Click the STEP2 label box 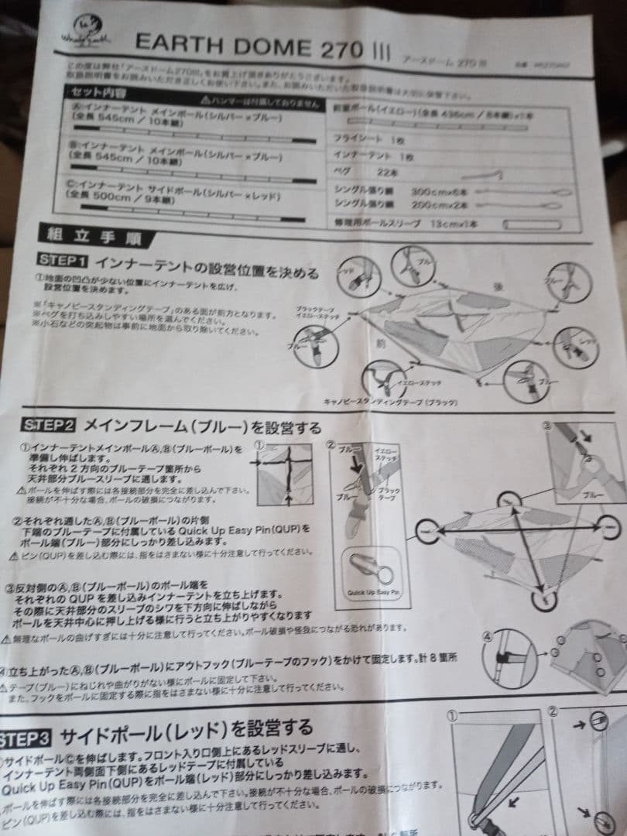49,425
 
